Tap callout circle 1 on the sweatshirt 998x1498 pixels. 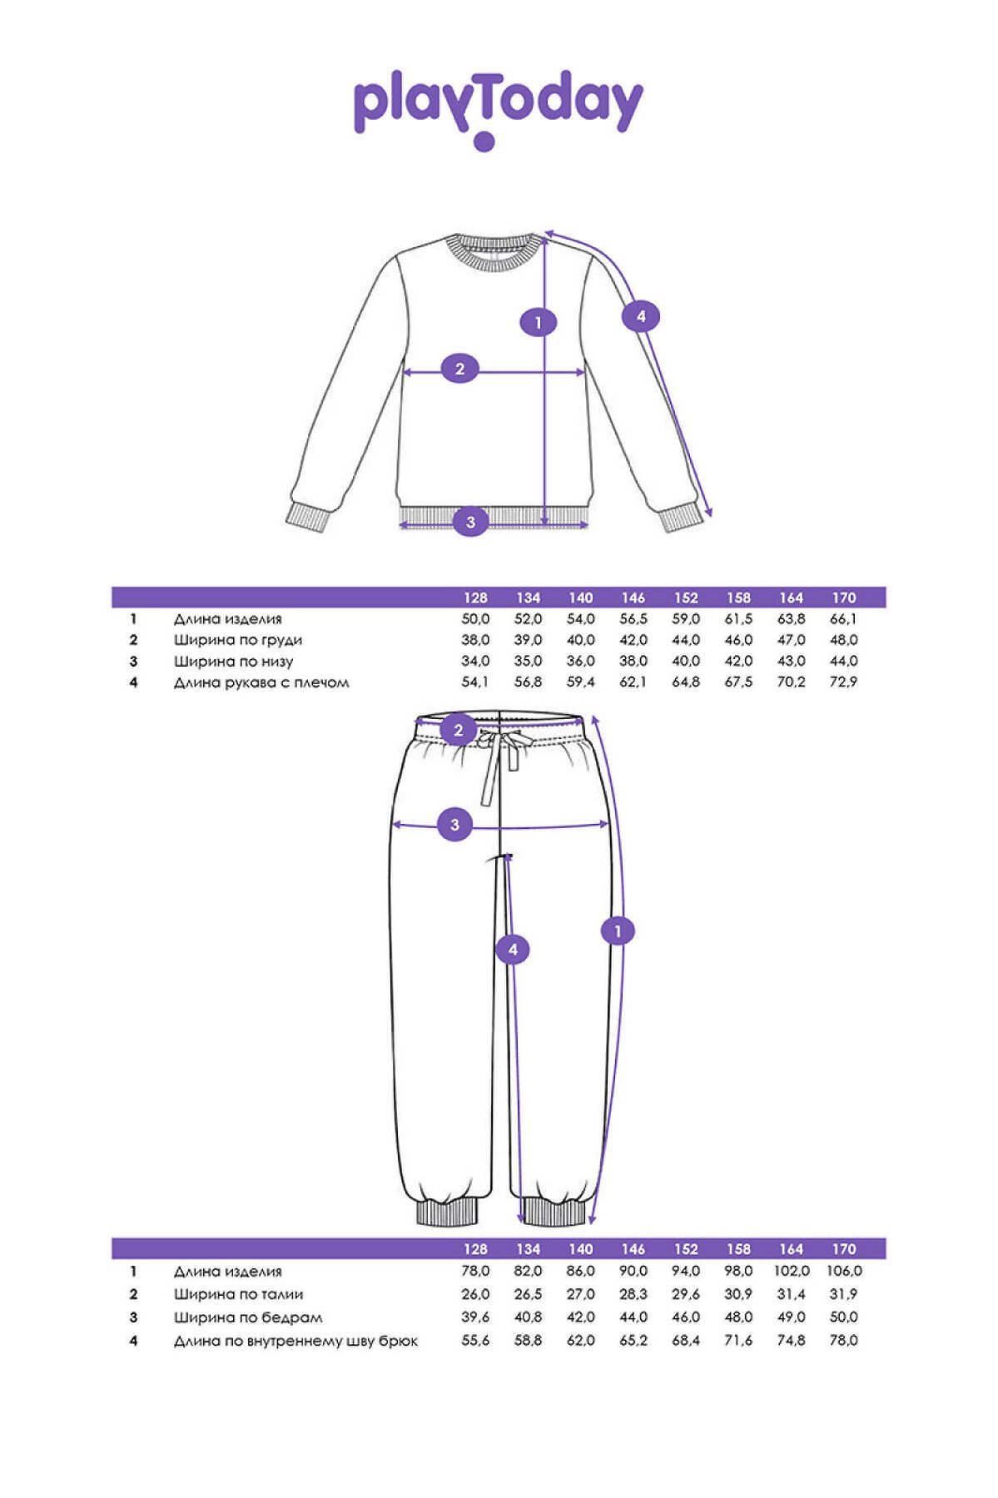(539, 322)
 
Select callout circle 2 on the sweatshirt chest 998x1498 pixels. (460, 368)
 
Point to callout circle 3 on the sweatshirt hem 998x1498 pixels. (470, 522)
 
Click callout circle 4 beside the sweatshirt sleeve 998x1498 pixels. (641, 315)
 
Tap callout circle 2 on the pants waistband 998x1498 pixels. (459, 732)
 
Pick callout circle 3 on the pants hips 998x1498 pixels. (454, 825)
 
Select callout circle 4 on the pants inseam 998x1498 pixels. (513, 950)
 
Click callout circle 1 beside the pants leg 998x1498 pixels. (618, 930)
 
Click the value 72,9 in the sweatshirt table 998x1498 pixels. (843, 682)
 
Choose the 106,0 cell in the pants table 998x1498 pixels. (844, 1271)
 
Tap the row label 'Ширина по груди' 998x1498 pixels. (238, 640)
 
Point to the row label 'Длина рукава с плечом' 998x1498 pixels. (261, 683)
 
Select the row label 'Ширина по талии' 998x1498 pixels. (239, 1294)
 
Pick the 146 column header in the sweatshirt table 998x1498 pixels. (633, 598)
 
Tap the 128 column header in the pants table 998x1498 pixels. (475, 1249)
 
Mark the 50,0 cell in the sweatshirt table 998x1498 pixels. (475, 619)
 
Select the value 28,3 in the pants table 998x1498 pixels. (633, 1294)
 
